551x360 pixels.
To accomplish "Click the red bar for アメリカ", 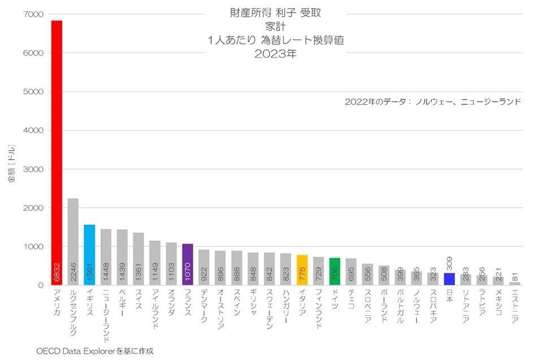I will (57, 153).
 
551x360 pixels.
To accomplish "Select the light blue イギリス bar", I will (89, 254).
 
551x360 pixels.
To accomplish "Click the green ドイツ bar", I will (335, 271).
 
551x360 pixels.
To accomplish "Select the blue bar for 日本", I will (449, 279).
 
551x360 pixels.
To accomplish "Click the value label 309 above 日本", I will (449, 262).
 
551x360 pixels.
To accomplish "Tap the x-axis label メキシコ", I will (498, 302).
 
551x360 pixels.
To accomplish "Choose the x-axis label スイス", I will (138, 299).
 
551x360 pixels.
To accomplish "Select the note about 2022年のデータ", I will (432, 102).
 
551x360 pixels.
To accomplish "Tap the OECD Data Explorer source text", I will (94, 351).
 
